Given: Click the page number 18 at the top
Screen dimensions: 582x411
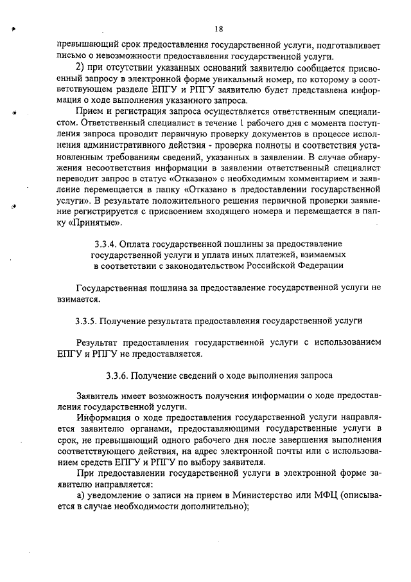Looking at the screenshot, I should [x=218, y=29].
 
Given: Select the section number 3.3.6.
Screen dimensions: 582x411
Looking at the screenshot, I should [x=118, y=374].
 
